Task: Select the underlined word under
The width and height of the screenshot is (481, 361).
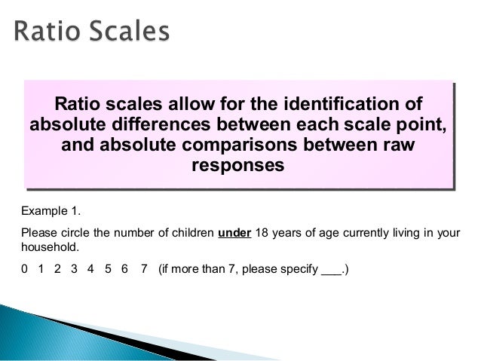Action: [234, 231]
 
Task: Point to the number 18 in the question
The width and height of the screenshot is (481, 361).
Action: [262, 231]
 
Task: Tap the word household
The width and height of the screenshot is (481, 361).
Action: [50, 246]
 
